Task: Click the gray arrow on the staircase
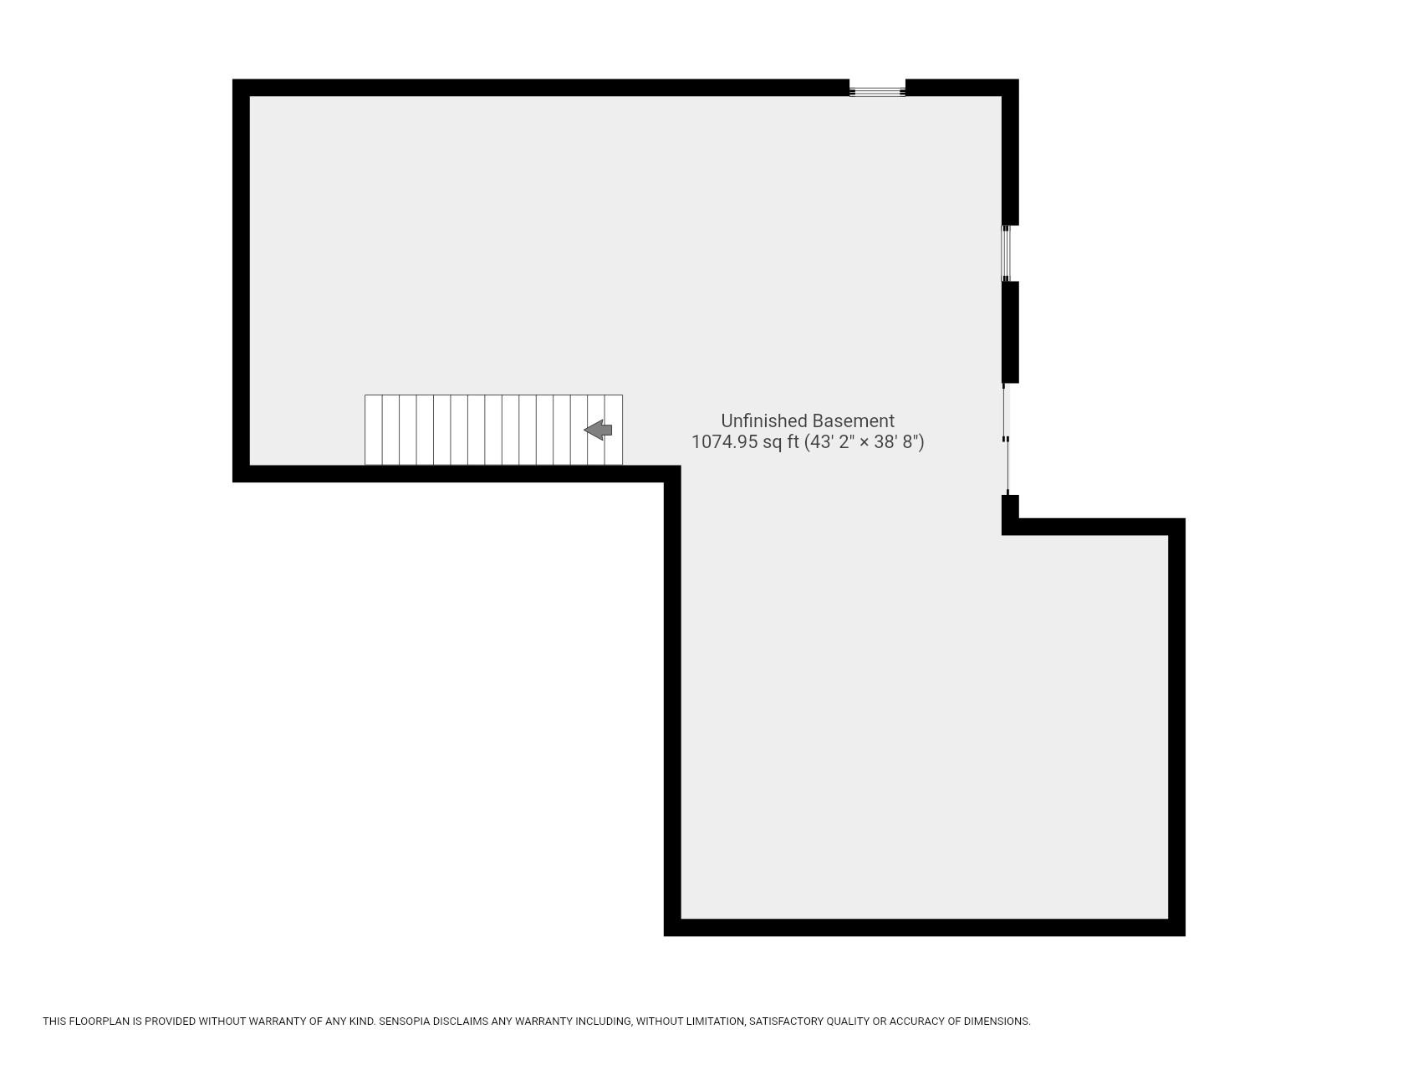click(x=598, y=431)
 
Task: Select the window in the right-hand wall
click(x=1007, y=252)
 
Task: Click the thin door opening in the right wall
click(x=1007, y=439)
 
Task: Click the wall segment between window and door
click(x=1010, y=332)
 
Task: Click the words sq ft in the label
click(x=781, y=442)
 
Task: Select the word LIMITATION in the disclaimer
click(x=712, y=1022)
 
